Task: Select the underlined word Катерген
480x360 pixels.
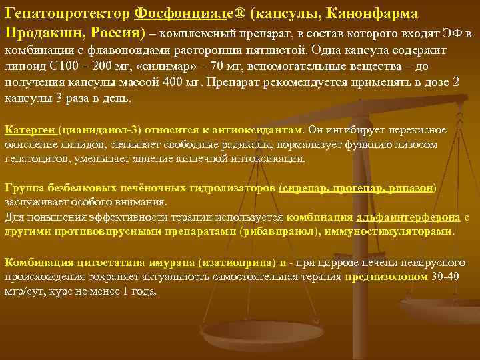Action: pos(29,130)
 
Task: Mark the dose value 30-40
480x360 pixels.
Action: pos(444,277)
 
